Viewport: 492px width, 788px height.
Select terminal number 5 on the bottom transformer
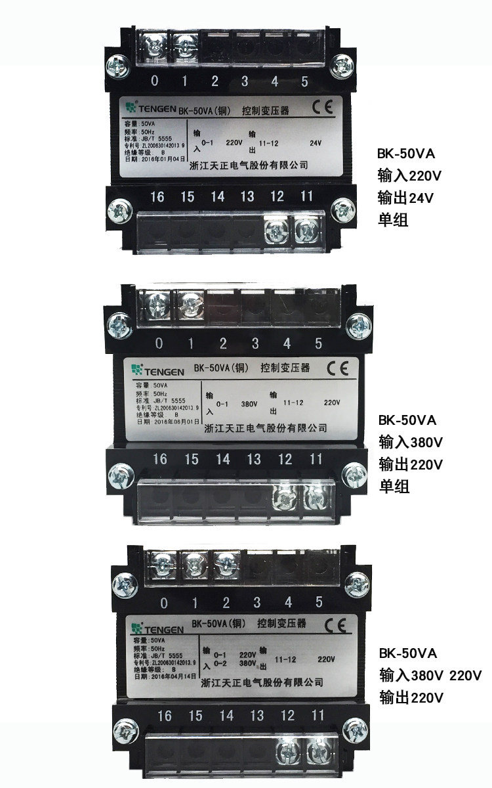coord(319,602)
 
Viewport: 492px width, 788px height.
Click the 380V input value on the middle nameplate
coord(247,404)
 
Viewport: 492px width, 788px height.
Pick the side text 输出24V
coord(406,196)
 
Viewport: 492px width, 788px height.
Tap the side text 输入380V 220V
coord(430,674)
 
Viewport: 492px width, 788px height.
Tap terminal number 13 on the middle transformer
coord(254,458)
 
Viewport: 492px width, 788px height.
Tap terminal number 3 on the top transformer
coord(245,81)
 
